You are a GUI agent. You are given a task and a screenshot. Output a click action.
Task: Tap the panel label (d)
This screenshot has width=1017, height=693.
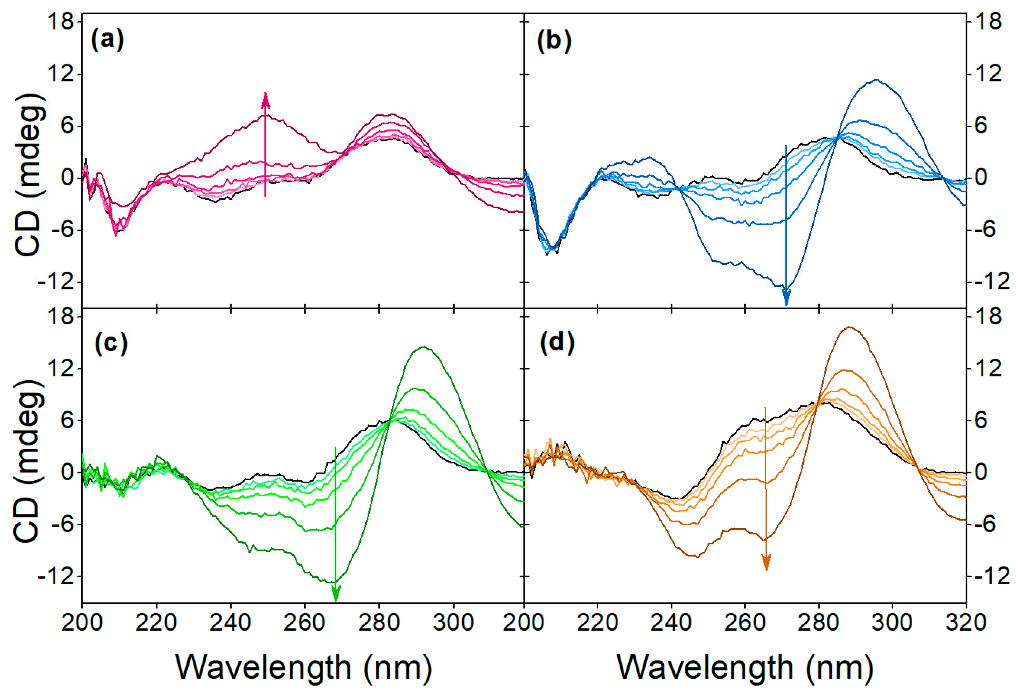[x=557, y=343]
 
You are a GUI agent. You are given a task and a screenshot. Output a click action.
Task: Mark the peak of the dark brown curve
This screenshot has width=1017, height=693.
[x=849, y=327]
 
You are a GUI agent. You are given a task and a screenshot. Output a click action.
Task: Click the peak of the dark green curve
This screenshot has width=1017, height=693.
[x=423, y=347]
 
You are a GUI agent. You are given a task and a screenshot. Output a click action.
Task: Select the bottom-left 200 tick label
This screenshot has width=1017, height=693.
[x=82, y=623]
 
